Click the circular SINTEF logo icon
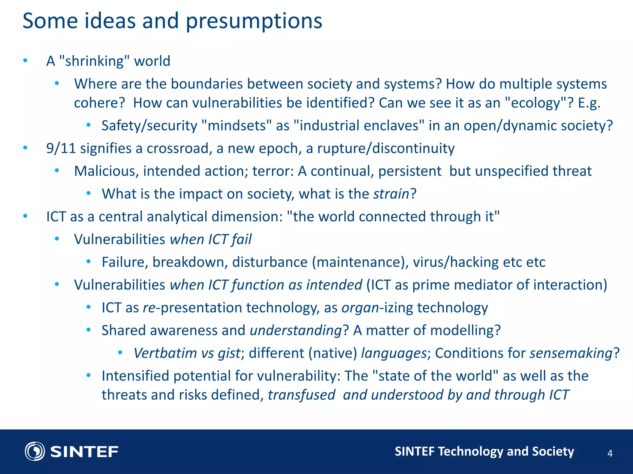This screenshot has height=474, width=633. coord(35,451)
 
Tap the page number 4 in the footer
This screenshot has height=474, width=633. coord(610,453)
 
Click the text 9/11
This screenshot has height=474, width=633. coord(61,148)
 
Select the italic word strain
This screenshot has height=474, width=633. coord(391,194)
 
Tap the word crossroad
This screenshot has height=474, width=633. coord(179,148)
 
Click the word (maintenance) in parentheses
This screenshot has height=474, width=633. coord(360,262)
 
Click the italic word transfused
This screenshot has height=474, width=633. coord(301,395)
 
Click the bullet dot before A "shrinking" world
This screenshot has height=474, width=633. coord(26,60)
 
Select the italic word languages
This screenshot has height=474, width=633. coord(394,353)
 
